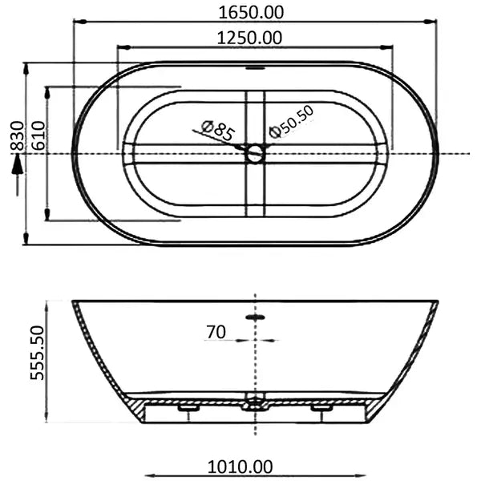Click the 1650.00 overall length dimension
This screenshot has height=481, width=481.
click(254, 12)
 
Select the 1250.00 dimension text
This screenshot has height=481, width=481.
click(254, 37)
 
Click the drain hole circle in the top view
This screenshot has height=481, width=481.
click(255, 153)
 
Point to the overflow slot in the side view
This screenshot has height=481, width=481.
click(255, 317)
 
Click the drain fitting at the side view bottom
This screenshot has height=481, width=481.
click(255, 402)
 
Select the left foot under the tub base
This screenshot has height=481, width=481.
click(188, 407)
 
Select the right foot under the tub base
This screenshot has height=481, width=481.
click(322, 407)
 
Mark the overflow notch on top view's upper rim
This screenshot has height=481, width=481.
click(255, 67)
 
